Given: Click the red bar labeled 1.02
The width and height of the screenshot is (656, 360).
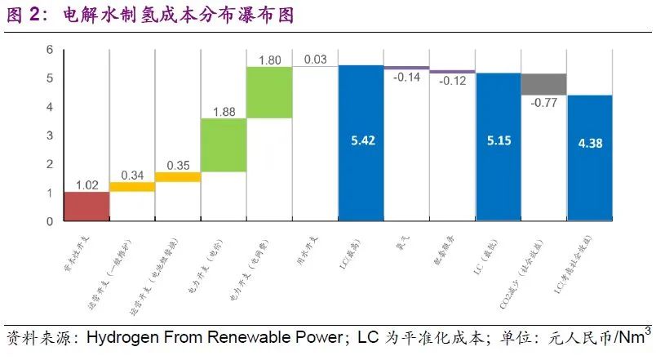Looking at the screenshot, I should [x=86, y=207].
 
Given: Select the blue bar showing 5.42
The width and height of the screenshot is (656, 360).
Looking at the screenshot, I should [x=361, y=143].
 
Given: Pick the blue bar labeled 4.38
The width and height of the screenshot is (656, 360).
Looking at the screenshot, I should [x=589, y=158].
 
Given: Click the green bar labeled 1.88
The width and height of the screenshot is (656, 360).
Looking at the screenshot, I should [x=224, y=145].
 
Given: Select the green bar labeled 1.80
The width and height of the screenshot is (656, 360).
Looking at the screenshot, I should [x=269, y=92].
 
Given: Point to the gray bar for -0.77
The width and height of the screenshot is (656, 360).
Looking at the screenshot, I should [x=543, y=84].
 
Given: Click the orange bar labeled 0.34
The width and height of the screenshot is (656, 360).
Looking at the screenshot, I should [x=131, y=187].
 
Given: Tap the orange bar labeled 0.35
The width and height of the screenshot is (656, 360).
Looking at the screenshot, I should [x=178, y=176].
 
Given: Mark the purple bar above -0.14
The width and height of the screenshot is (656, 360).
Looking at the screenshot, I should [x=406, y=68].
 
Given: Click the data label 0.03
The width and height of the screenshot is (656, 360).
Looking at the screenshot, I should [x=315, y=60].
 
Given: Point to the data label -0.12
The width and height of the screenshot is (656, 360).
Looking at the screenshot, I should [x=452, y=81].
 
